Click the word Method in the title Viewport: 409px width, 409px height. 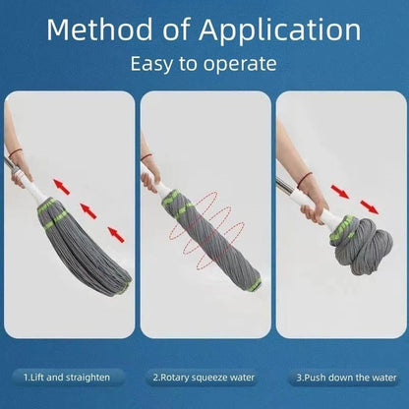95,29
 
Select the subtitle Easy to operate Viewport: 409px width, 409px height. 204,66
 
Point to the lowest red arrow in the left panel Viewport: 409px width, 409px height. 117,233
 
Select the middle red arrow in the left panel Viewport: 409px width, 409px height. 88,207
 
